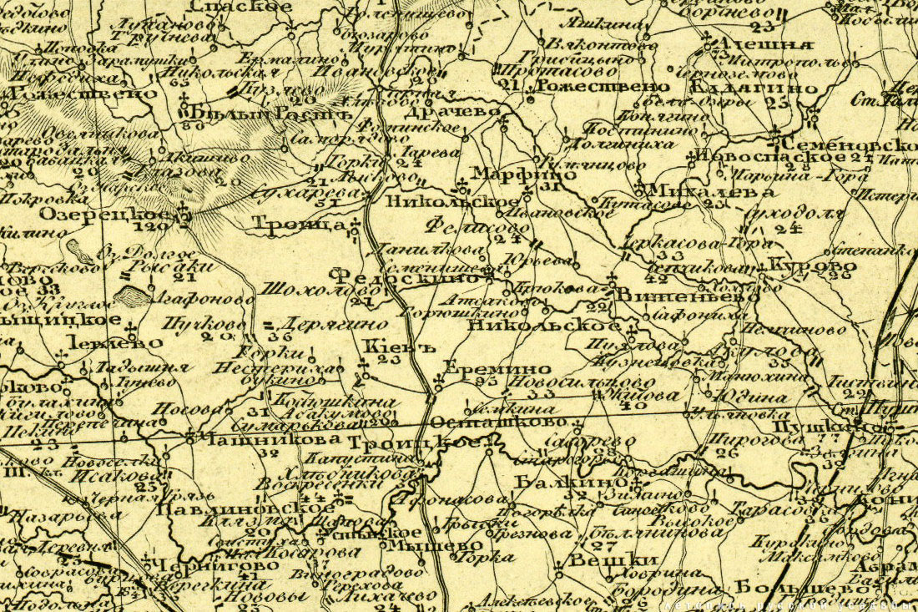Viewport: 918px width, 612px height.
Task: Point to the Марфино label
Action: (507, 174)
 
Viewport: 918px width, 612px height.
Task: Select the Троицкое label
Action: (415, 443)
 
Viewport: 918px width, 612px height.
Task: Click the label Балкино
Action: (570, 482)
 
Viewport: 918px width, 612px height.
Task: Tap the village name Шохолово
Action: (304, 289)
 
